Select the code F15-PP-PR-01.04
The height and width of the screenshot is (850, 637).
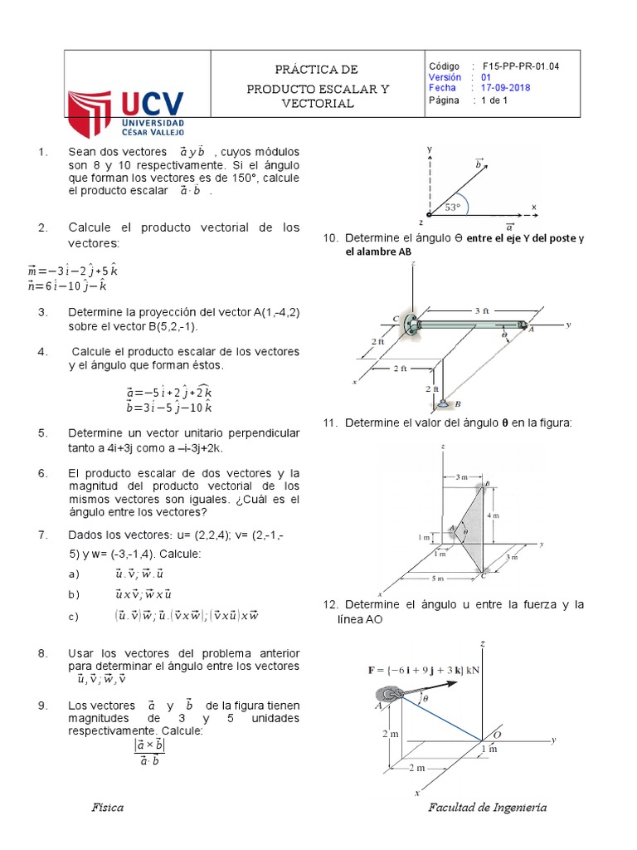520,66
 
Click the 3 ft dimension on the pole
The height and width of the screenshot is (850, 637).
483,310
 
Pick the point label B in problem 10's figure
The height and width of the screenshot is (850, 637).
459,403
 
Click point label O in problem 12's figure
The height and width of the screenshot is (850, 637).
497,734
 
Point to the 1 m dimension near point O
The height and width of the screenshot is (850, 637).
490,749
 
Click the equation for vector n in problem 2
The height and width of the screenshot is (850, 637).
68,286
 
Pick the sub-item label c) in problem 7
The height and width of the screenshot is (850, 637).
74,615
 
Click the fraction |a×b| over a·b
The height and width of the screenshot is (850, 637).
149,753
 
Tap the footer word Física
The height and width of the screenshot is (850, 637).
108,808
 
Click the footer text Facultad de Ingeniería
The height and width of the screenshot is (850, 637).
487,808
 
